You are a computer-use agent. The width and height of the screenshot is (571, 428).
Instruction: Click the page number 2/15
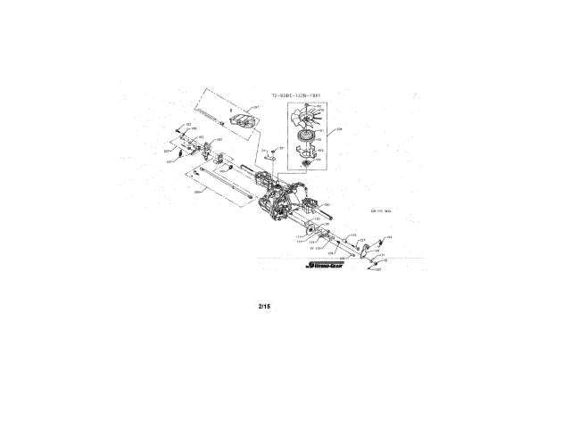click(263, 307)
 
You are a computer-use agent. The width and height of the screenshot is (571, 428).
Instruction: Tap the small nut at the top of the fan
click(309, 106)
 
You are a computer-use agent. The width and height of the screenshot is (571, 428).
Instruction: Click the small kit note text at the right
click(382, 211)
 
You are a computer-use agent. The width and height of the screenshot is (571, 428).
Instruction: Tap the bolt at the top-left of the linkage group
click(181, 129)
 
